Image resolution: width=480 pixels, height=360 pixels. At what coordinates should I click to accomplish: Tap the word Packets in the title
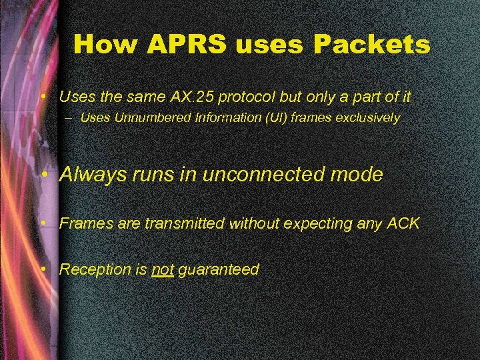(373, 45)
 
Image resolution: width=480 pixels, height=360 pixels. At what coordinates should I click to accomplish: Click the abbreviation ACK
(403, 224)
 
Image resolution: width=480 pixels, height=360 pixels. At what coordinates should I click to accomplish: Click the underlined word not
(163, 270)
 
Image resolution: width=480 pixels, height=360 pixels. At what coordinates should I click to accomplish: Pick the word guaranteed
(219, 270)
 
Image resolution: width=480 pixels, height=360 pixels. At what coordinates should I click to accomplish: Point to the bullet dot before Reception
(43, 270)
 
